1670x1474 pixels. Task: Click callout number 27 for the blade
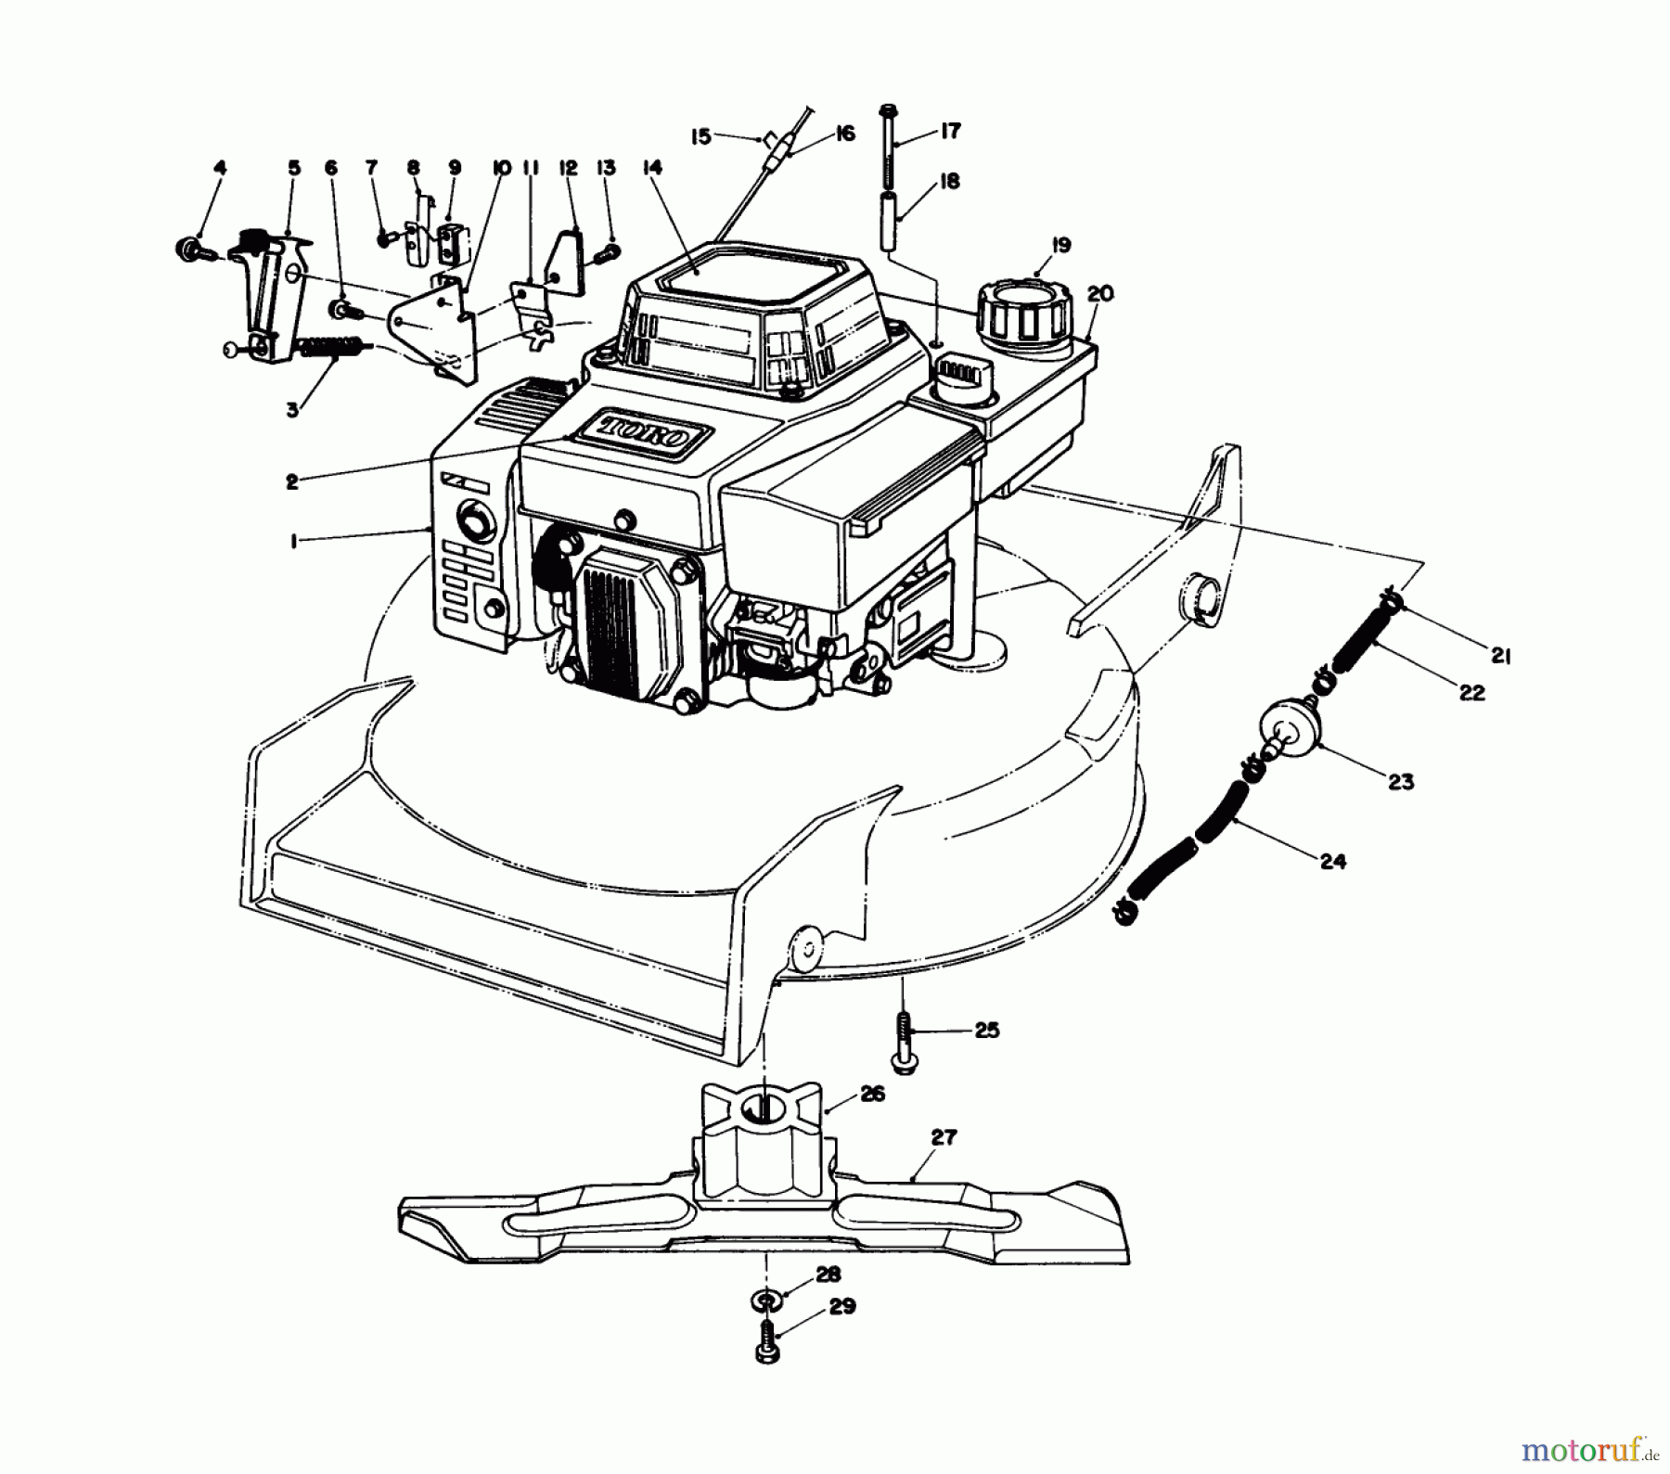click(943, 1136)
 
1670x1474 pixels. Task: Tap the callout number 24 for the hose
click(1332, 862)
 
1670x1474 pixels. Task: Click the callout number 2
click(292, 481)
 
